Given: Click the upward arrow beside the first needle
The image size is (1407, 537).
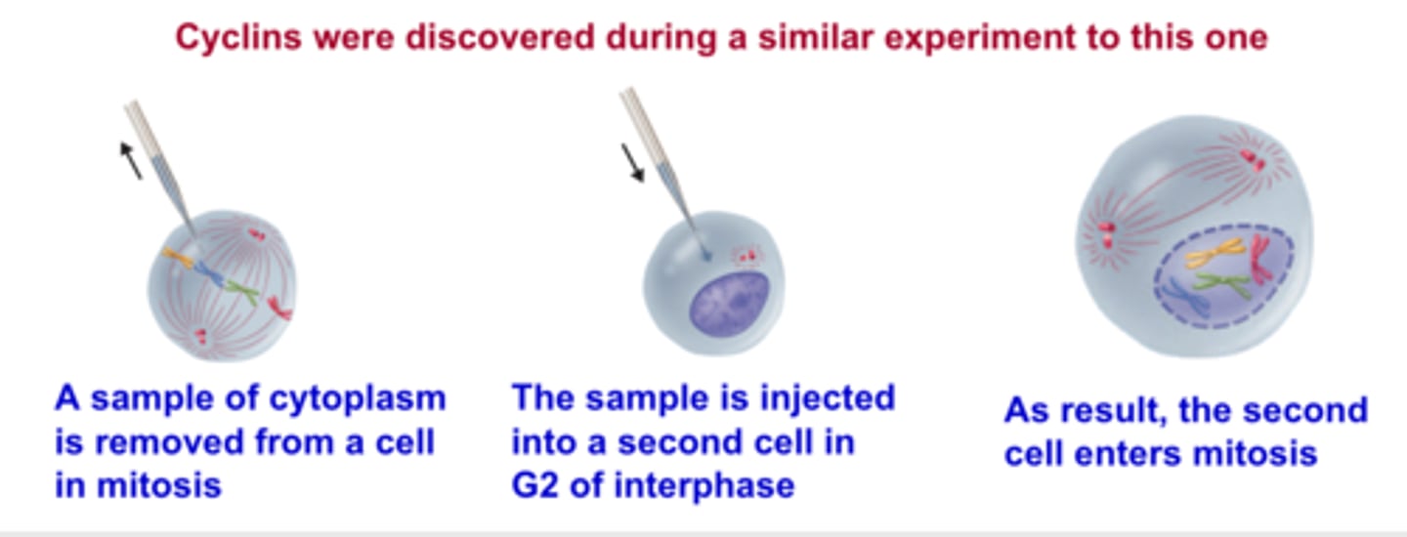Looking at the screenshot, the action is click(131, 160).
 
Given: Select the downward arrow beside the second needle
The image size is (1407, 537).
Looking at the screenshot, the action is click(633, 163).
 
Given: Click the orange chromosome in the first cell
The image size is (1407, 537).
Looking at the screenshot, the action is click(179, 258).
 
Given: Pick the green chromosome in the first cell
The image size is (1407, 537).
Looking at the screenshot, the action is click(242, 292).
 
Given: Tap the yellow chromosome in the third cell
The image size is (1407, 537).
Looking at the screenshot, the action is click(1215, 253).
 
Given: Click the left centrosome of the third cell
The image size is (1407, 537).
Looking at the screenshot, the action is click(1105, 233).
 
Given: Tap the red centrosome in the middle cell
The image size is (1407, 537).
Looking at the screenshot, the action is click(747, 257).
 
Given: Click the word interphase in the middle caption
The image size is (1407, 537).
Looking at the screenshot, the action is click(704, 486).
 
